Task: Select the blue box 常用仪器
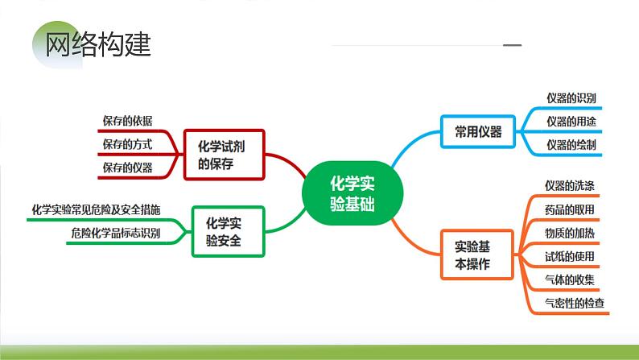coord(478,132)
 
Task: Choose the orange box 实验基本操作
coord(478,255)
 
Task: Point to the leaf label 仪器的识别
coord(571,98)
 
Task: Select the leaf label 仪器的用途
coord(571,122)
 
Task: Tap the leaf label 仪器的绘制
coord(571,145)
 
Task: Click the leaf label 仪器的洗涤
coord(569,186)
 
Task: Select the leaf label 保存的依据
coord(127,121)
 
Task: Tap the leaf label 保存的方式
coord(127,144)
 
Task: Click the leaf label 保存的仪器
coord(127,168)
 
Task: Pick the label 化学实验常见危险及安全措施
coord(96,209)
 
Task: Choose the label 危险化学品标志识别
coord(116,233)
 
